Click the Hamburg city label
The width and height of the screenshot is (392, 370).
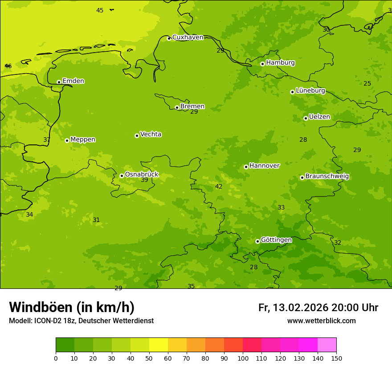[280, 63]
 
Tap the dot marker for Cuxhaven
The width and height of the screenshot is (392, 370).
[169, 38]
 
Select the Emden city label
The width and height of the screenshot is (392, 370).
[73, 81]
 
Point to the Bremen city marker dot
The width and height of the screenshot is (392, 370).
[177, 107]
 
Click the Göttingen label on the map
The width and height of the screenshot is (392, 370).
[276, 240]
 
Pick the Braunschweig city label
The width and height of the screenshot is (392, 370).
[327, 177]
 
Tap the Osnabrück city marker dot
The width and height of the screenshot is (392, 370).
[122, 176]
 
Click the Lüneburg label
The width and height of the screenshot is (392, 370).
[310, 90]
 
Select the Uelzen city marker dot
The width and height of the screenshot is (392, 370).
[306, 118]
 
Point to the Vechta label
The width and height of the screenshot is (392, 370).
[151, 134]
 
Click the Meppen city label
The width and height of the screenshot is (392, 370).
[83, 140]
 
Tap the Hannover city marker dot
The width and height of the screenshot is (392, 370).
[246, 167]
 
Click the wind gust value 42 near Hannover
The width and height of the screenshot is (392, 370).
[219, 187]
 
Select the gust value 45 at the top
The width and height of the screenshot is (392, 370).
[100, 10]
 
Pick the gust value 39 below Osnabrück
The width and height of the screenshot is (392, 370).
[144, 180]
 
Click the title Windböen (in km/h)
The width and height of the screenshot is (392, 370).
[72, 307]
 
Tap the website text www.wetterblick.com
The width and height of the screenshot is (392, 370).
[321, 321]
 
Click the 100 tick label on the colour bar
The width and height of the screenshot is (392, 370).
[243, 358]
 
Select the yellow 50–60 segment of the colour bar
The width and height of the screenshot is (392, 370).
[159, 345]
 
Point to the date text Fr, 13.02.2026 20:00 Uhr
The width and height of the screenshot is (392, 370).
[318, 308]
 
